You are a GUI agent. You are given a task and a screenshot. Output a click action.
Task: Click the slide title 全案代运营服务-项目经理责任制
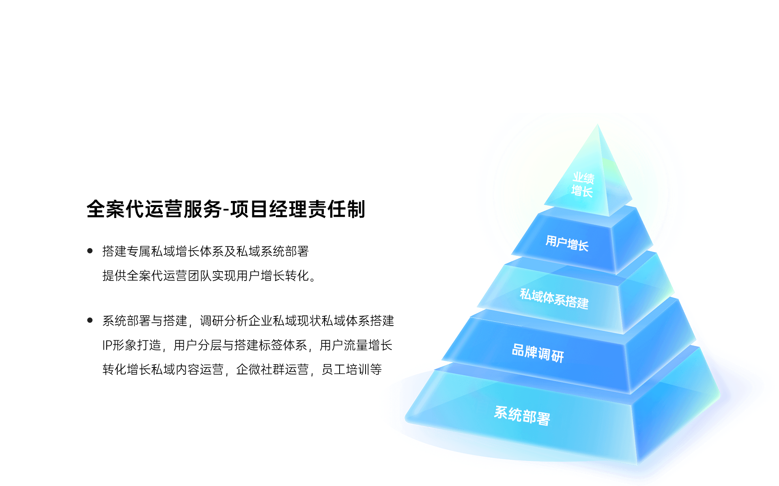pos(226,210)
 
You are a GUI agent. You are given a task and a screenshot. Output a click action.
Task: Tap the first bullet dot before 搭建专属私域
pos(90,251)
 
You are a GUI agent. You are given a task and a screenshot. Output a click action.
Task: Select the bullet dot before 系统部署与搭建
pos(90,320)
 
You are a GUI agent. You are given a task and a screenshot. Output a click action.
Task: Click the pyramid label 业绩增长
pos(583,184)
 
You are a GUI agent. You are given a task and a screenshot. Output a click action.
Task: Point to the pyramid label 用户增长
pos(567,243)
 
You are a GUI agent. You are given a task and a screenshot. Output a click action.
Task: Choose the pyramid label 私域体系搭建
pos(554,298)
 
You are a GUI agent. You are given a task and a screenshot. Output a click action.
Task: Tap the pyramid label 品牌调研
pos(538,353)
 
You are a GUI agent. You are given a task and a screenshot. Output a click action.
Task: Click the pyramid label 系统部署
pos(522,416)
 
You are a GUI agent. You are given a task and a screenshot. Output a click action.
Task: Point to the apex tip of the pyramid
pos(598,124)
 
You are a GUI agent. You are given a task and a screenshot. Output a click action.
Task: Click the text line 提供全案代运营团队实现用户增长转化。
pos(209,276)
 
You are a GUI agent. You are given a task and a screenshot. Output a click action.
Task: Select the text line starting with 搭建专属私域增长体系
pos(206,251)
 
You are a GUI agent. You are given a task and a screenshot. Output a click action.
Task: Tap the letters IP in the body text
pos(107,346)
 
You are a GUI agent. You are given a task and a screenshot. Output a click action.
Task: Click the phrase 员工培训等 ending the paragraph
pos(352,369)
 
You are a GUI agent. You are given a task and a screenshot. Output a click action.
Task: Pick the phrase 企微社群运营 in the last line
pos(273,369)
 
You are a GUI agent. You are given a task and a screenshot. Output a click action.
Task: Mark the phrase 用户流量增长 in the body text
pos(356,345)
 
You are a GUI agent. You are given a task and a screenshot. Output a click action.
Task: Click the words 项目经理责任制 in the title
pos(298,210)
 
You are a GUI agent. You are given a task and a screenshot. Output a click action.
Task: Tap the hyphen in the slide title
pos(226,210)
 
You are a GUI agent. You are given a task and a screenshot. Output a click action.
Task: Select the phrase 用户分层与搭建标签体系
pos(240,345)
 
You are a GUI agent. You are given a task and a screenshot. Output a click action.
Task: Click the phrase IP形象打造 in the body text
pos(132,345)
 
